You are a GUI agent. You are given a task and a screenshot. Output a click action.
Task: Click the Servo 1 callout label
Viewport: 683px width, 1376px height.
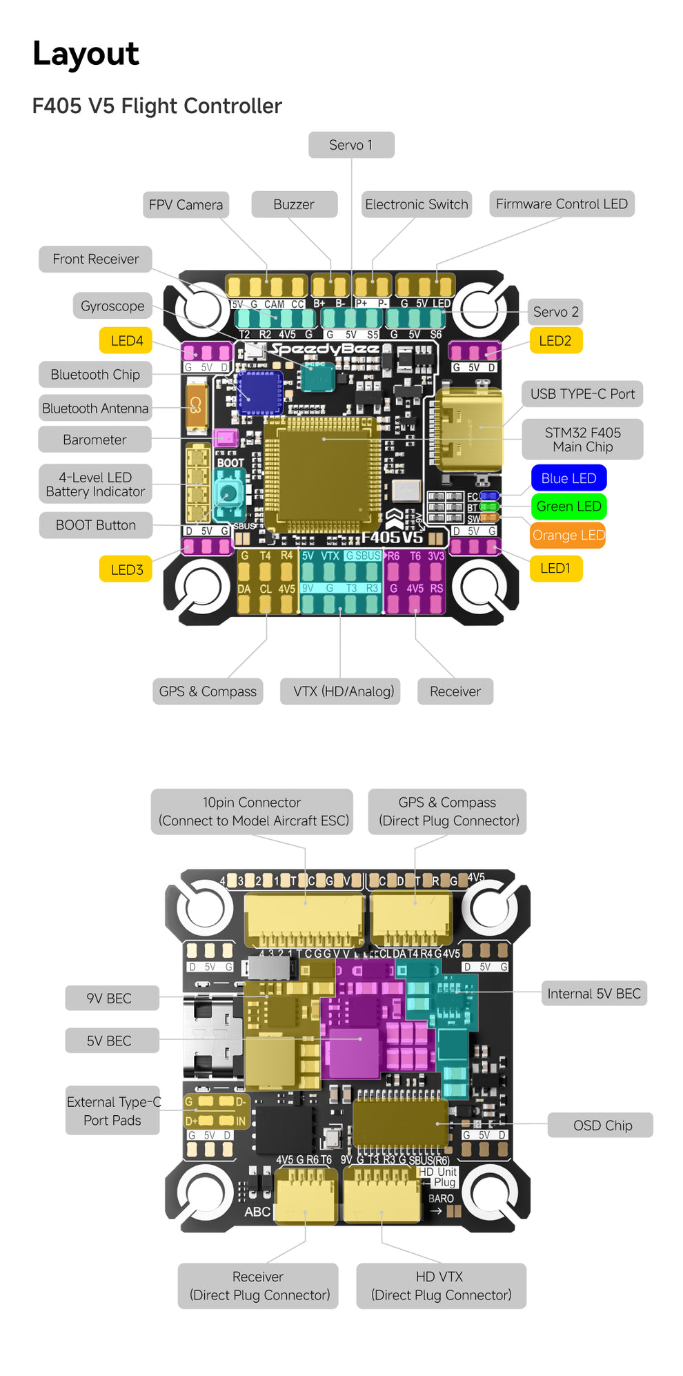[x=351, y=145]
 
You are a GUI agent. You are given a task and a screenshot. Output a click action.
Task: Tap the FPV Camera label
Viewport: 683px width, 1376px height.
[x=186, y=205]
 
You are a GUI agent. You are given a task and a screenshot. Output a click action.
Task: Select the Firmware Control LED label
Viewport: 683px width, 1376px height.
[x=562, y=204]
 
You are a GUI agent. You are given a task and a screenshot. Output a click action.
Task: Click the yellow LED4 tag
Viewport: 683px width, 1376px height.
[x=127, y=341]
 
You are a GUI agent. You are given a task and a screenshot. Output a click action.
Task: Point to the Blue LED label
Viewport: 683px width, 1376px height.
[x=568, y=478]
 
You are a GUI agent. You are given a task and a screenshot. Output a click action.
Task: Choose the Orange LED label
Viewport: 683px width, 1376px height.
[x=568, y=535]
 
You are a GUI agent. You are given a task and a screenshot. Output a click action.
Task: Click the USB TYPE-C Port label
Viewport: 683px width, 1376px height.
[x=582, y=394]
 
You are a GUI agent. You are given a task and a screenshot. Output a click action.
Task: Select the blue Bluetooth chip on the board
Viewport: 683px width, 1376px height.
[x=259, y=393]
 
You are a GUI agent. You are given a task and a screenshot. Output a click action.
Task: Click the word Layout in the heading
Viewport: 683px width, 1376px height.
[x=86, y=54]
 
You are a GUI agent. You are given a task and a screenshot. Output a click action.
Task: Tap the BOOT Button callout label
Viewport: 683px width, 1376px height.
[x=96, y=525]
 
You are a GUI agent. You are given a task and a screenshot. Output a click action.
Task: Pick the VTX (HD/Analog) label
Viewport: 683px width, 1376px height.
[x=344, y=691]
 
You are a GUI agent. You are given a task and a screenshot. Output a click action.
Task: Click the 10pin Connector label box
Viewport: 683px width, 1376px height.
[x=252, y=812]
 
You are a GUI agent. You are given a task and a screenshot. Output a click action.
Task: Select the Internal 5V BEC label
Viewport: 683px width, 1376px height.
[x=594, y=994]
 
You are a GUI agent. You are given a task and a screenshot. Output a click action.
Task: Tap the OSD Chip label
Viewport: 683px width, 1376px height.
[x=602, y=1126]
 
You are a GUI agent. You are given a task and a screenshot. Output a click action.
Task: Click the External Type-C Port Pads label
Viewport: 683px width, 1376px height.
[x=112, y=1111]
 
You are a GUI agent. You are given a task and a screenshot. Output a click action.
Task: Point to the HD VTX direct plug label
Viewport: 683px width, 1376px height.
[x=441, y=1286]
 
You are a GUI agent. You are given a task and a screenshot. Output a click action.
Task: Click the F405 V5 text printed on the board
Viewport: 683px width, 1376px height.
[x=392, y=537]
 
